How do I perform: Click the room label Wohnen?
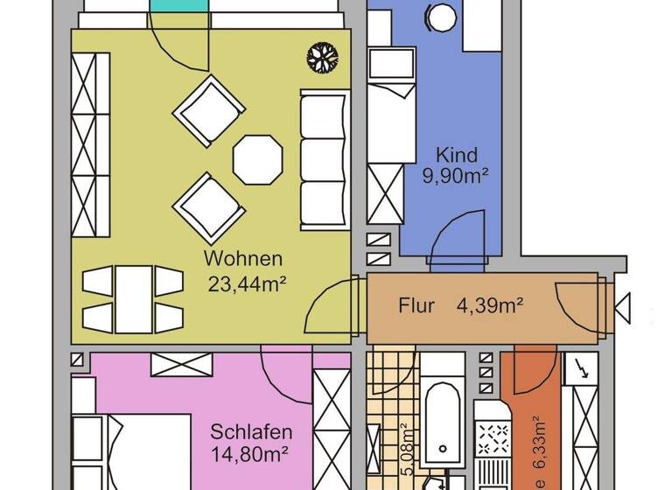click(x=243, y=259)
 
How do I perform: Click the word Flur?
click(x=417, y=306)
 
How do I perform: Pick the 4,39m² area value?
click(x=490, y=306)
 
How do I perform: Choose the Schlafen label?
click(x=251, y=432)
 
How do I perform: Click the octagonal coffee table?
click(x=258, y=158)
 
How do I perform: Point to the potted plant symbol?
click(x=322, y=59)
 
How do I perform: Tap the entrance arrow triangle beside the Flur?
click(x=623, y=307)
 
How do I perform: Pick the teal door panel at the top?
click(x=179, y=16)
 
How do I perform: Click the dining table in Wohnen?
click(x=136, y=299)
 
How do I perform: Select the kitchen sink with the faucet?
click(x=580, y=372)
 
